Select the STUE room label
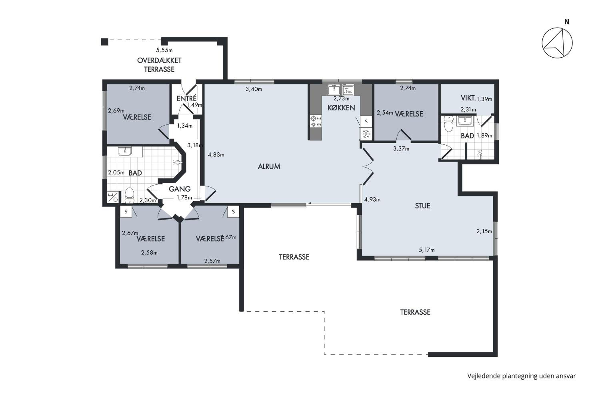pos(422,206)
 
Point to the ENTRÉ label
pos(186,98)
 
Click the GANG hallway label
pos(180,189)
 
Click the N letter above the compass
pos(567,22)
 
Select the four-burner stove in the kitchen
pos(316,121)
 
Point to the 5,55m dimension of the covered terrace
pos(164,50)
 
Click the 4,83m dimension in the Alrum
pos(216,155)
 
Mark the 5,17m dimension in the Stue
pos(427,250)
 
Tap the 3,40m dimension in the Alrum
pos(254,89)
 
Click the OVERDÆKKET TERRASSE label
pos(159,65)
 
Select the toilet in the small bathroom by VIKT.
pos(448,124)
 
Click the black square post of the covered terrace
pos(105,42)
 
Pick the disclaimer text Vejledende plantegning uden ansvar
pos(521,376)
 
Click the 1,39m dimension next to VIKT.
pos(484,99)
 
